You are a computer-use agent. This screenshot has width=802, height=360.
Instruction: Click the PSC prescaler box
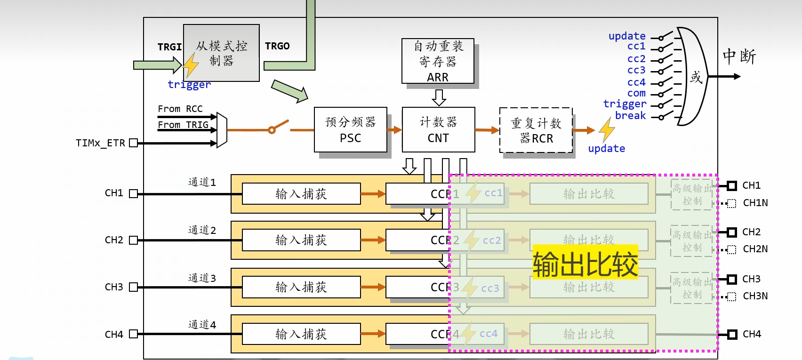350,129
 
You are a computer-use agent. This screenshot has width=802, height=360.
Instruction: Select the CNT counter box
438,129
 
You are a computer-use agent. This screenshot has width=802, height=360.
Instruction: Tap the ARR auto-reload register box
438,61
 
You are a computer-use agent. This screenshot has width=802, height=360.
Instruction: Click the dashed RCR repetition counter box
536,130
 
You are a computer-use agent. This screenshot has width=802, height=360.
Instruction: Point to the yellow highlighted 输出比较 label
585,264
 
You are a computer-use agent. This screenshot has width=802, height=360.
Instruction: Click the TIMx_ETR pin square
133,143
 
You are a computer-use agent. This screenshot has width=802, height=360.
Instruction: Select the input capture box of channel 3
301,287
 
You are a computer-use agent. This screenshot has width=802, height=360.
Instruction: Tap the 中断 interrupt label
739,56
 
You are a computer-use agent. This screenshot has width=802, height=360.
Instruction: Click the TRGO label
277,46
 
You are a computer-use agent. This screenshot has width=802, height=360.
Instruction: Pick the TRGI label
169,47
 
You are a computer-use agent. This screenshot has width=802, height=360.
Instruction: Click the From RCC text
180,109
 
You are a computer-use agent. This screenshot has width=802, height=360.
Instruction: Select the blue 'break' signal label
630,116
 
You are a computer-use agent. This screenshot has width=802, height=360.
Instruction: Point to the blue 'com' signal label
636,93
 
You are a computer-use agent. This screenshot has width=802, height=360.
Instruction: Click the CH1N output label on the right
755,203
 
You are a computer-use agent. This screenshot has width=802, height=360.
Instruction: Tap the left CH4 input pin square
133,334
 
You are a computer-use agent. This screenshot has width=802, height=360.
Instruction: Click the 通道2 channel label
202,230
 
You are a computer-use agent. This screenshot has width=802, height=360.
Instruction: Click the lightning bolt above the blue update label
607,129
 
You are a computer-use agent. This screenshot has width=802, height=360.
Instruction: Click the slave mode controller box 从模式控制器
221,53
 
